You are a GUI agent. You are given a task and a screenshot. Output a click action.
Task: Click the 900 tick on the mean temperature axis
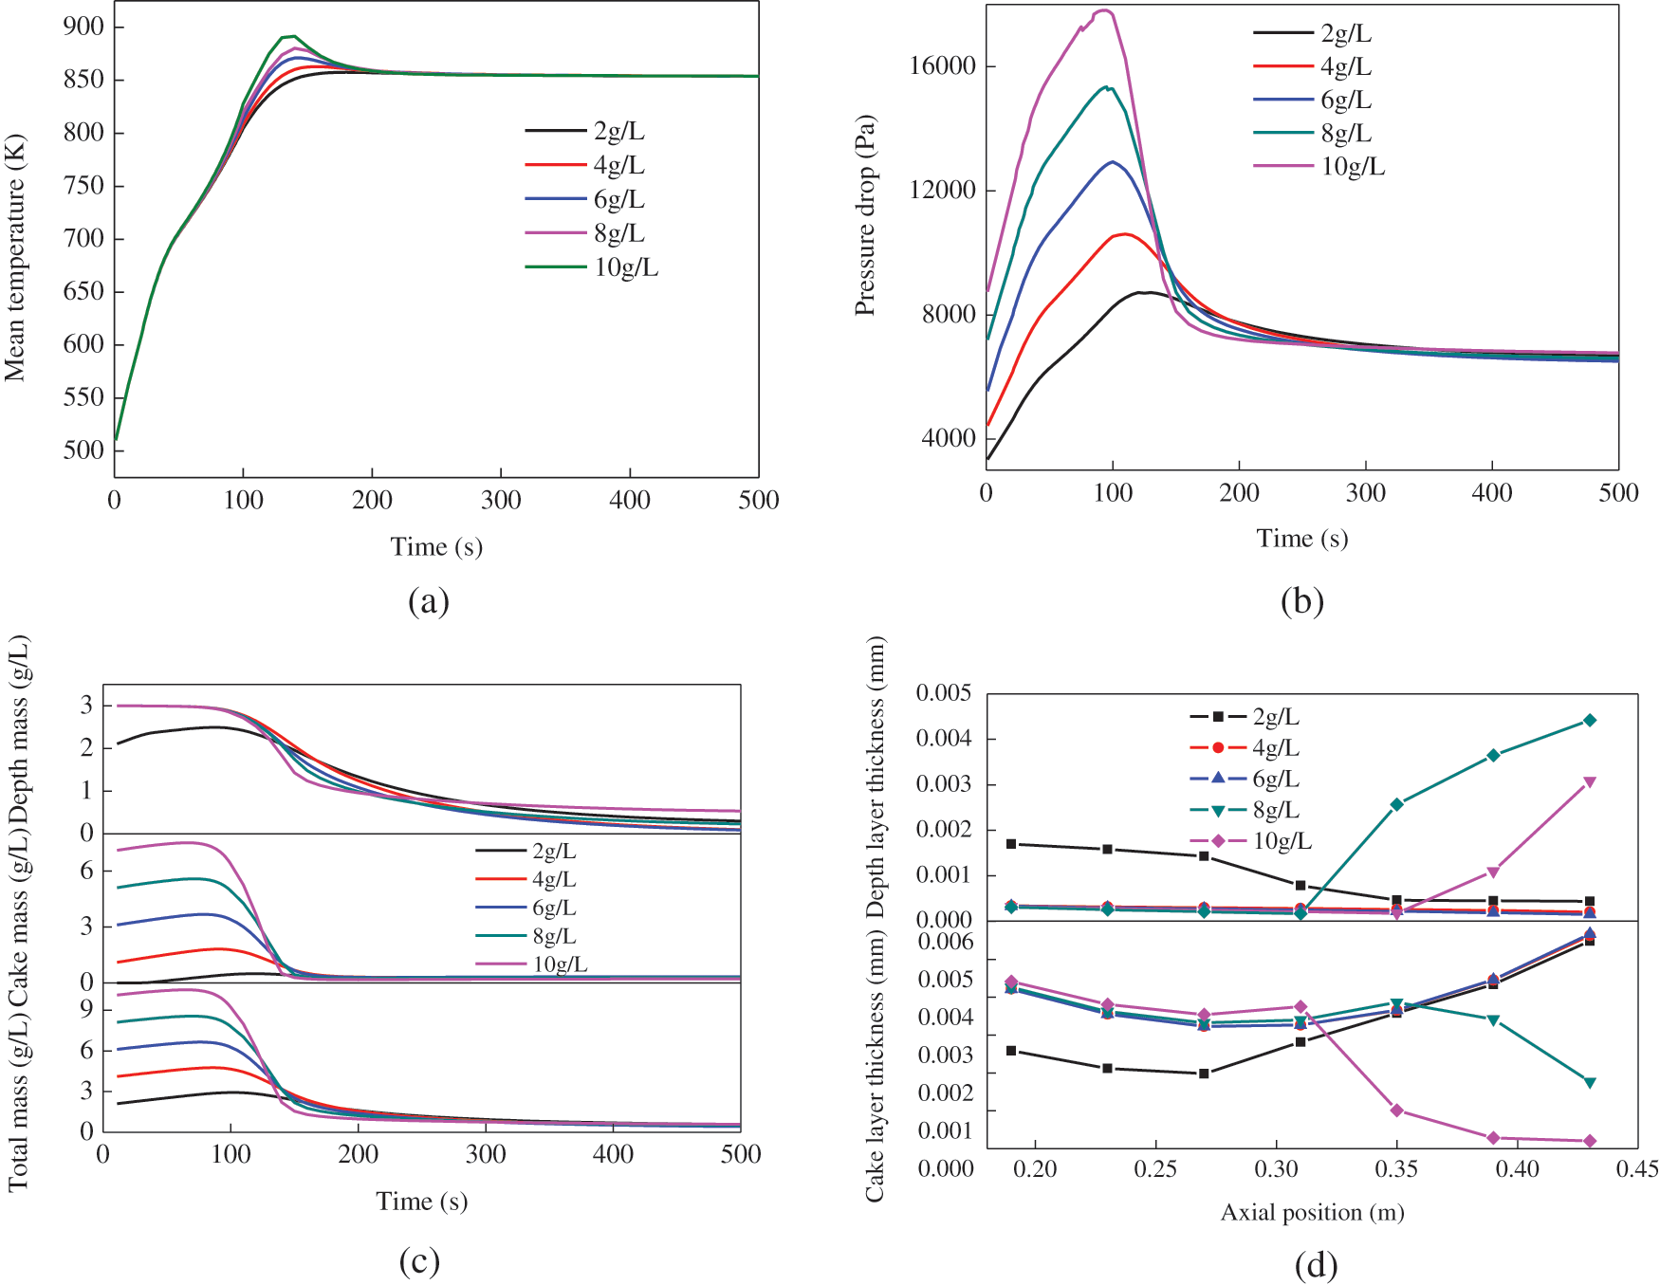pos(83,27)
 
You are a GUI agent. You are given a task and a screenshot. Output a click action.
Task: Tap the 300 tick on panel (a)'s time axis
pos(501,500)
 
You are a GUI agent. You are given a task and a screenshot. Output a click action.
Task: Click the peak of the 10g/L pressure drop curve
pos(1103,10)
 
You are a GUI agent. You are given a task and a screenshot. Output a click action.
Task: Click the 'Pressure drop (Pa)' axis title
pos(864,215)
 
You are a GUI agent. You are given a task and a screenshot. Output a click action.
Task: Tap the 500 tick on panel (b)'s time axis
pos(1618,492)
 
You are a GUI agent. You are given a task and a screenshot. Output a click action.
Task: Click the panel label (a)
pos(428,601)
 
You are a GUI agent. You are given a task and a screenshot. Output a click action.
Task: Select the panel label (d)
pos(1316,1265)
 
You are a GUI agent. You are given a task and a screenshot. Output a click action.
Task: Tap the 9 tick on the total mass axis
pos(87,1010)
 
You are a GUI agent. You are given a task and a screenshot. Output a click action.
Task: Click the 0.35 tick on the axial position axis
pos(1396,1168)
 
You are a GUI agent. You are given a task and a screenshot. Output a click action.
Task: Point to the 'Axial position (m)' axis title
pos(1312,1212)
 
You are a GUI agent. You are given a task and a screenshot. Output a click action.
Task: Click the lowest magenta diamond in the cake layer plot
pos(1590,1141)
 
